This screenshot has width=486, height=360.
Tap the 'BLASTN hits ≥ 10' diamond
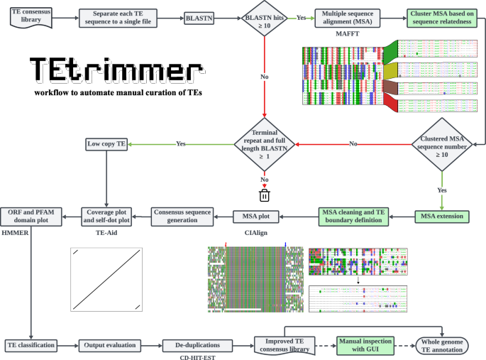click(x=265, y=18)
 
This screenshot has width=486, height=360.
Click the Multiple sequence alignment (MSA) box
click(x=348, y=18)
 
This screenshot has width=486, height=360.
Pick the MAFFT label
click(x=348, y=34)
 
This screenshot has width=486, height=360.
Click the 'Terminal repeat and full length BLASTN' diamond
click(x=265, y=144)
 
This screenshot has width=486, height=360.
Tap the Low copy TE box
click(x=106, y=143)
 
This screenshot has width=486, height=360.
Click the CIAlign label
click(x=258, y=232)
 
